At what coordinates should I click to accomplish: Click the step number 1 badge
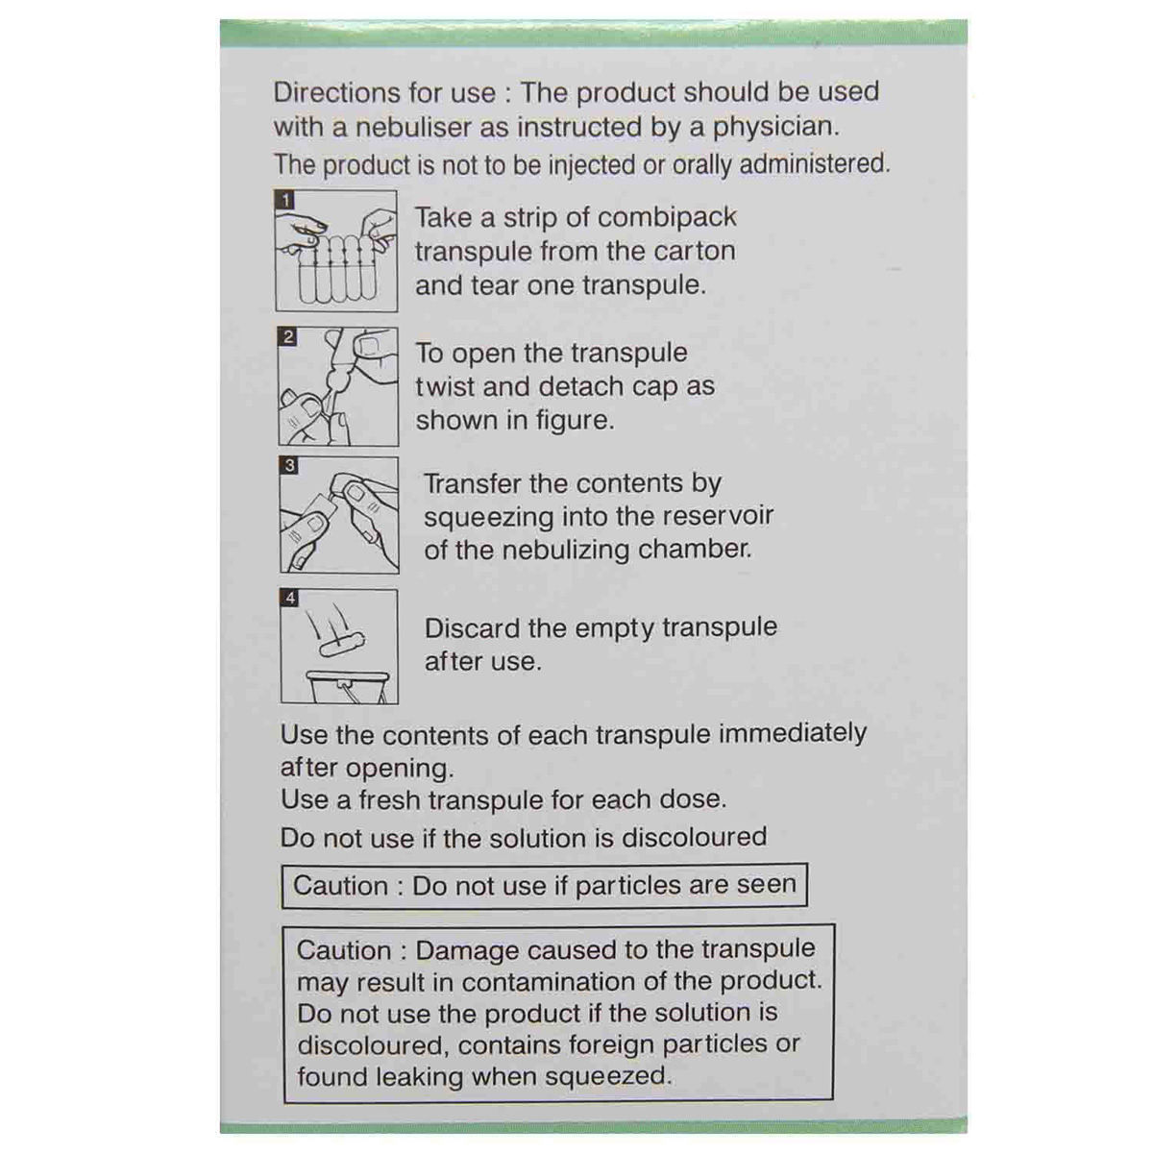point(285,201)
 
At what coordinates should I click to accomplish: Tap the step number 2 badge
point(288,337)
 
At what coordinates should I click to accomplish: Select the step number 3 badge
point(290,466)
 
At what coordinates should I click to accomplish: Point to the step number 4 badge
point(290,599)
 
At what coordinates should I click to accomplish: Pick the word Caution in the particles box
point(341,885)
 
